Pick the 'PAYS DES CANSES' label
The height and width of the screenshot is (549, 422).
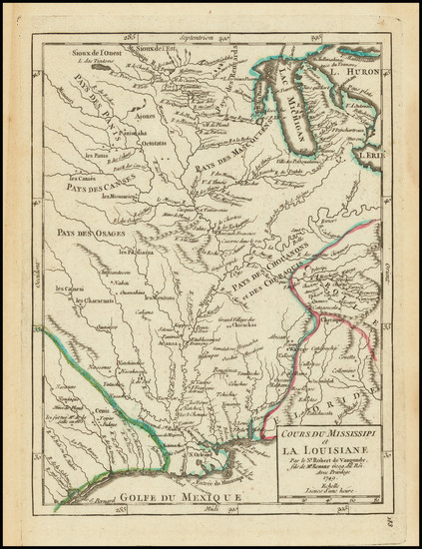tap(88, 186)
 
